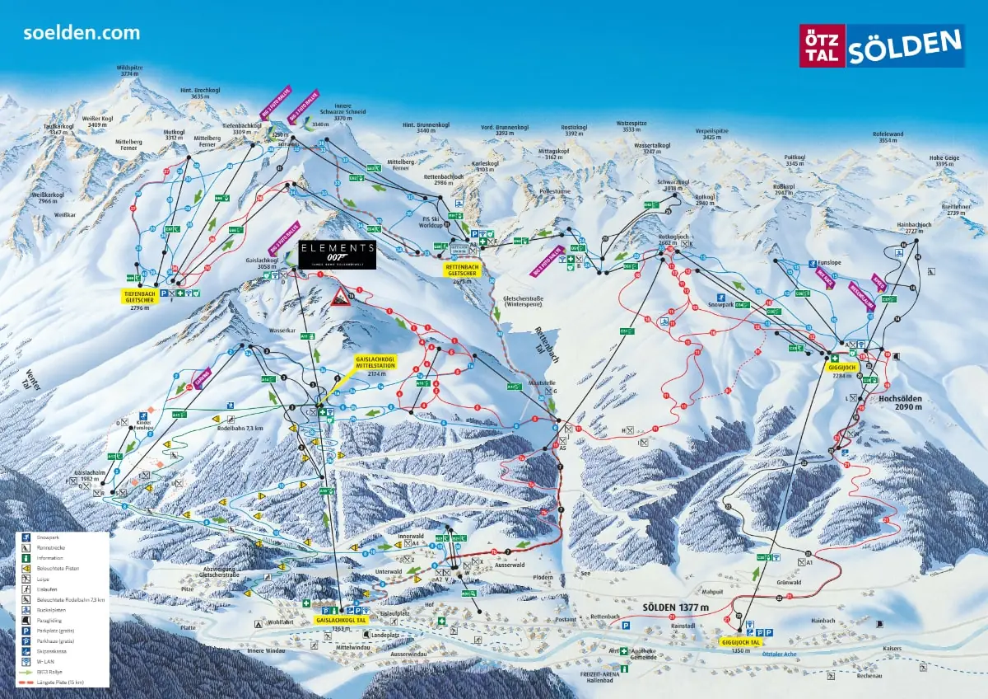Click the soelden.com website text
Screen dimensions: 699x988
(82, 33)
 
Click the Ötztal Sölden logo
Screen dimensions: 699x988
(882, 45)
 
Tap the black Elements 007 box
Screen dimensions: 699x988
(338, 254)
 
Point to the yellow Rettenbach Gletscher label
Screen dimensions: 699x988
(464, 274)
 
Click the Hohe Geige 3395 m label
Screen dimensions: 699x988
(944, 161)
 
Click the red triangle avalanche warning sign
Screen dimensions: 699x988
(340, 296)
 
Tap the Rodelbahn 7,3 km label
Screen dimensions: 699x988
(240, 429)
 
